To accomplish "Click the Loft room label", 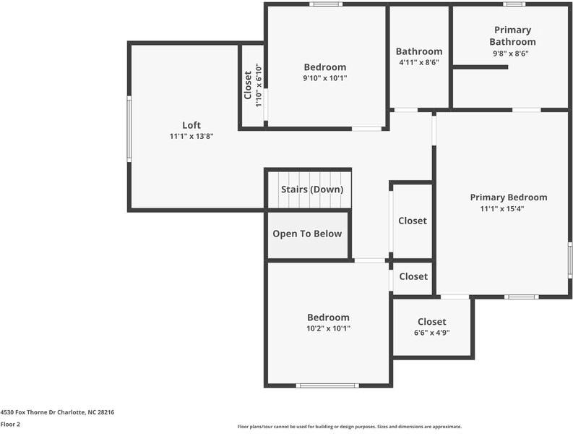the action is point(191,125).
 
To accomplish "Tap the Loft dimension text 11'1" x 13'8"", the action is point(191,137).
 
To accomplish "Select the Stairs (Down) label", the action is point(312,190).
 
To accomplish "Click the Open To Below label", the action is point(307,234).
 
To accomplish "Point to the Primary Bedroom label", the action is point(509,197).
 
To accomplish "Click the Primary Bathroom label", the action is point(513,36).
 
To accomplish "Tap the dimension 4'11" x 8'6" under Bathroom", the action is point(419,63).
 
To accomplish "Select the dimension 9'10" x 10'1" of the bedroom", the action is point(325,78).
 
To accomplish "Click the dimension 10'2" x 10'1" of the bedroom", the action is point(328,328).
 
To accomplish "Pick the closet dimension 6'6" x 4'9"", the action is point(432,333).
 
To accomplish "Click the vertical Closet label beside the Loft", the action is point(248,85).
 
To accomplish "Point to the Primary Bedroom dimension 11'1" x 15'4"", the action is point(502,209).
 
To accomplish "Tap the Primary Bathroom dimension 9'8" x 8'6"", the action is point(511,54).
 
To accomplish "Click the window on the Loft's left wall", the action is point(129,129).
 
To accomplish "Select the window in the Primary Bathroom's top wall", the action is point(514,4).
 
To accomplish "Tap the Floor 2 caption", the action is point(10,425).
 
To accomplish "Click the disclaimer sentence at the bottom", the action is point(350,427).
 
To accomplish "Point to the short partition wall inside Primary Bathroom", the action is point(481,67).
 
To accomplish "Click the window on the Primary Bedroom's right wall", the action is point(570,260).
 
